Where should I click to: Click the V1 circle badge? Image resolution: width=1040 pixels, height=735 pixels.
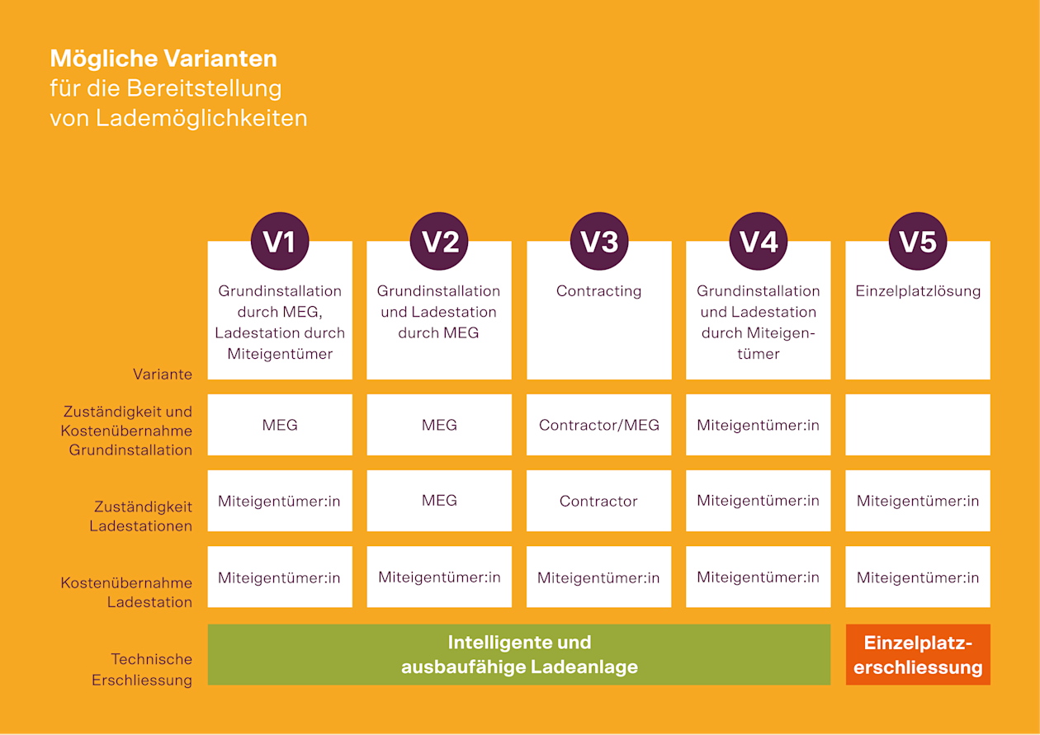click(x=279, y=242)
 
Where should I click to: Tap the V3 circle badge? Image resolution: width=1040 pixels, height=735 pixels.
click(x=598, y=242)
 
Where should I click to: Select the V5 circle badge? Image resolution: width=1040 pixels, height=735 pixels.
click(x=917, y=242)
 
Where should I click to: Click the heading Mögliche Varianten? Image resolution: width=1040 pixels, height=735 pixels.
click(x=163, y=59)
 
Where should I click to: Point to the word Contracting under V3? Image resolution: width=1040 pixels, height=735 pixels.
click(x=598, y=291)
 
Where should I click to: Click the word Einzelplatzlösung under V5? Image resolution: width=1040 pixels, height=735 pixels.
click(x=917, y=291)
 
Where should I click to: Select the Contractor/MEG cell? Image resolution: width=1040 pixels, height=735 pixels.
click(x=598, y=426)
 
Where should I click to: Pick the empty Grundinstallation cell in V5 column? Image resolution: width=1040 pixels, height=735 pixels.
click(x=917, y=425)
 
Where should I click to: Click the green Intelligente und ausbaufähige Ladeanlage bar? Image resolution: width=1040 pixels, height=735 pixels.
click(x=518, y=655)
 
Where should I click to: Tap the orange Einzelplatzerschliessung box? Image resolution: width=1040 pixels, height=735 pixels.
click(x=917, y=655)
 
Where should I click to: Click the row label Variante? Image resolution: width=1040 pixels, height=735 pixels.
click(x=163, y=375)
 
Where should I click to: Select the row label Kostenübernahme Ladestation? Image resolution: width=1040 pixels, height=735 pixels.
click(x=126, y=592)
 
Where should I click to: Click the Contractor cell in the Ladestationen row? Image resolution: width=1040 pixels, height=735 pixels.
click(x=598, y=502)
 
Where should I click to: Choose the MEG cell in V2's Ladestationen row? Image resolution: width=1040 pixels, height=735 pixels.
click(x=439, y=501)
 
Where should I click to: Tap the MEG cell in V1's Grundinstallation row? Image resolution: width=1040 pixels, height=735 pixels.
click(x=279, y=426)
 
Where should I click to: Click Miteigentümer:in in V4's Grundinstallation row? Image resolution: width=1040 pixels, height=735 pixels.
click(x=758, y=426)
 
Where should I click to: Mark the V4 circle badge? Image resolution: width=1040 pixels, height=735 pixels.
click(x=758, y=242)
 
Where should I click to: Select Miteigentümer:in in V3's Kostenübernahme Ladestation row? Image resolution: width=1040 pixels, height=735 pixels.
click(x=598, y=578)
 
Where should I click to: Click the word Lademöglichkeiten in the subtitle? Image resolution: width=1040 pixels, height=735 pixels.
click(x=201, y=118)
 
